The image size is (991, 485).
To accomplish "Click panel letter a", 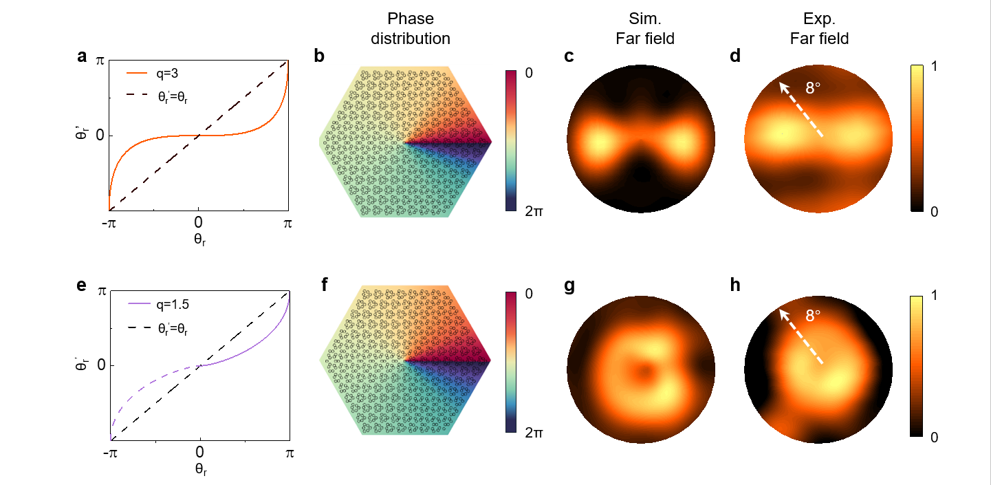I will (x=83, y=57).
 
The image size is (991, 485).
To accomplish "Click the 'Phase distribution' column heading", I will (x=411, y=30).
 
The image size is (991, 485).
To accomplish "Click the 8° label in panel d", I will (x=814, y=87).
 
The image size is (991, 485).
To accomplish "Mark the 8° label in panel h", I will (x=814, y=316).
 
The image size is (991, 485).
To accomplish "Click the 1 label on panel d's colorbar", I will (x=933, y=69).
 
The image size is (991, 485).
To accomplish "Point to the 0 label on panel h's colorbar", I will (x=933, y=438).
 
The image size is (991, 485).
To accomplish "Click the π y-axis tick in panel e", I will (x=101, y=291).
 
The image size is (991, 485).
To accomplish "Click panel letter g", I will (x=569, y=285).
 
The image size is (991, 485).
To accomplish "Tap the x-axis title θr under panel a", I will (x=198, y=241).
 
